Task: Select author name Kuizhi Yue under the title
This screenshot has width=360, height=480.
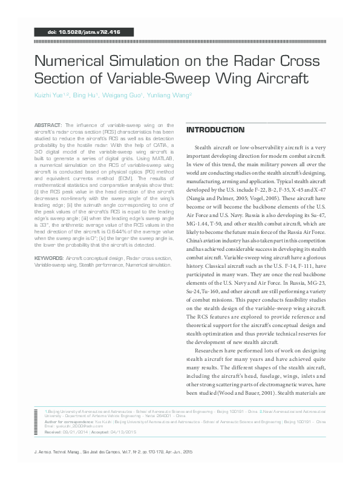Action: click(x=50, y=96)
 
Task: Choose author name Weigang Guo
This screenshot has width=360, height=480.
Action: click(x=121, y=96)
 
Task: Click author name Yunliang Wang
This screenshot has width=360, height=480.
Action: click(x=170, y=96)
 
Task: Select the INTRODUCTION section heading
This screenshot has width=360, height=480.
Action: click(x=215, y=130)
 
